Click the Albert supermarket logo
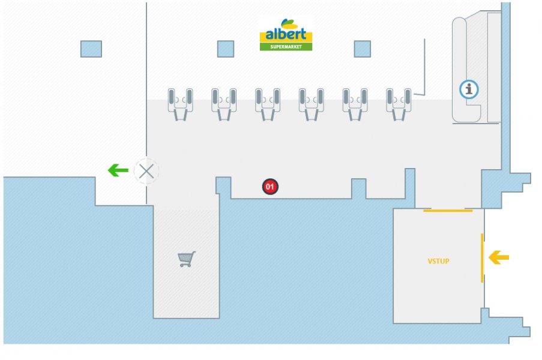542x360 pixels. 286,35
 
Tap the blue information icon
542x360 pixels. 469,89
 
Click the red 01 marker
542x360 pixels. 270,187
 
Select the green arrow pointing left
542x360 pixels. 118,171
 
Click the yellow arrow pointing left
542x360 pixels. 498,258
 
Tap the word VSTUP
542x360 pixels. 438,261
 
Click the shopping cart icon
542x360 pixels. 187,259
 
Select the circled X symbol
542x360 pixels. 146,172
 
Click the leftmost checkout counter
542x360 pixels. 180,103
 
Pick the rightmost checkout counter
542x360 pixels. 399,103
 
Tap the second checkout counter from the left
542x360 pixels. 224,103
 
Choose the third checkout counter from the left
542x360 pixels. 268,103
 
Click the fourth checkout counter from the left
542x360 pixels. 312,103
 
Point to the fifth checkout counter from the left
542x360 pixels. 355,103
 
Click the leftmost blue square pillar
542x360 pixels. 91,49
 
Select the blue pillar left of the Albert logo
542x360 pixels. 226,49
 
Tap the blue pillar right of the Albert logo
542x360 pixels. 362,49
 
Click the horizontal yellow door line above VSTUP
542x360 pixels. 448,211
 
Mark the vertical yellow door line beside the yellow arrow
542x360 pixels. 482,258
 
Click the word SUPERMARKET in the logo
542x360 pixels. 286,47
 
